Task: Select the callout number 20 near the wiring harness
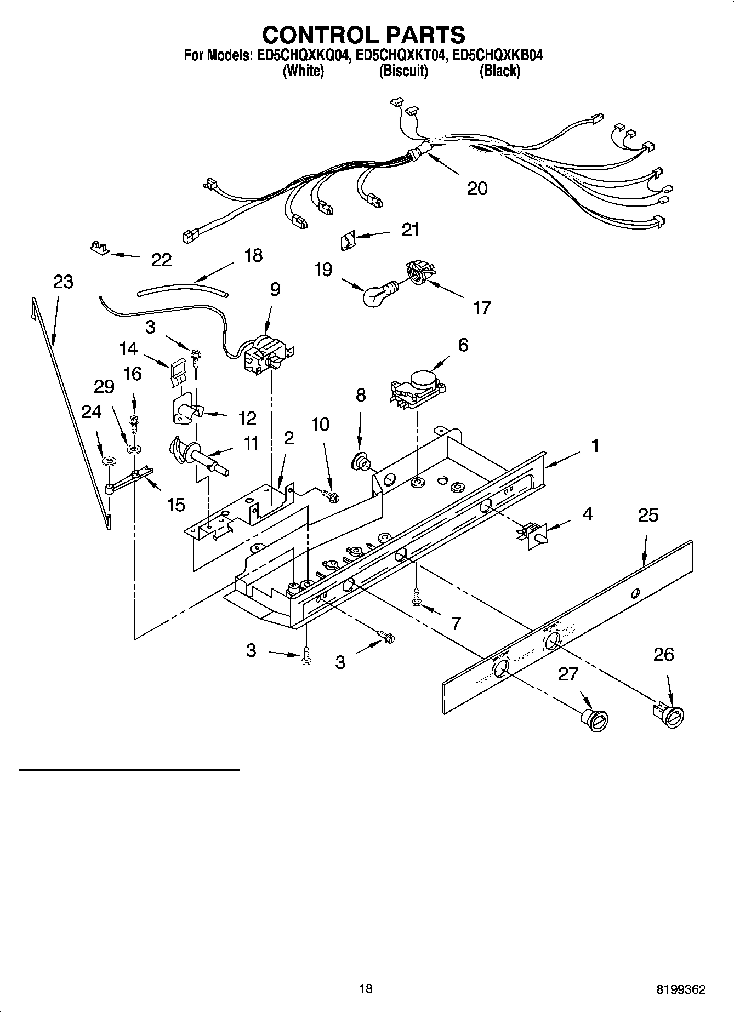[x=477, y=188]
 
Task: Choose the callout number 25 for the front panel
[x=648, y=516]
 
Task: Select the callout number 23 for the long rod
[x=63, y=282]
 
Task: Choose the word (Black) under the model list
[x=499, y=71]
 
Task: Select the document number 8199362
[x=682, y=989]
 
